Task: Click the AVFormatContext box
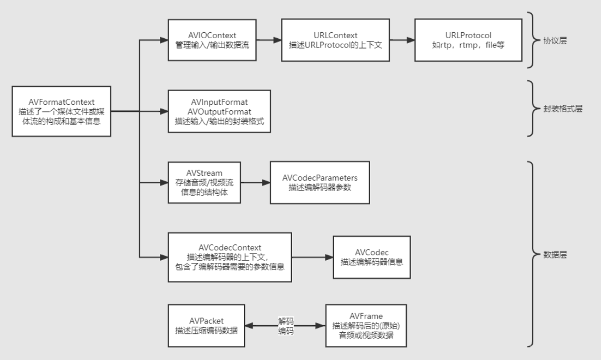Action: (x=61, y=111)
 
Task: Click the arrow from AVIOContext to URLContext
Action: (x=269, y=40)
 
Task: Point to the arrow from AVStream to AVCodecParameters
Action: (x=254, y=183)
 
